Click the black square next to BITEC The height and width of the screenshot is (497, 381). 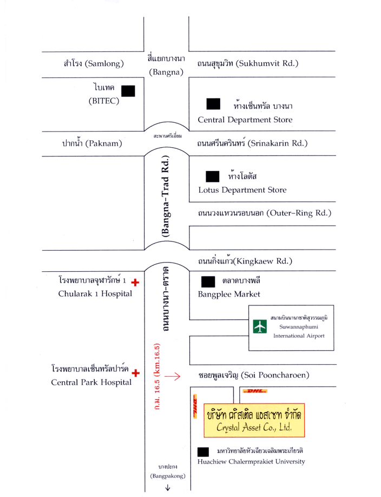coord(128,90)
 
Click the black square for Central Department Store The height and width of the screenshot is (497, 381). coord(213,104)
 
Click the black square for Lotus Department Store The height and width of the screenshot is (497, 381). coord(213,176)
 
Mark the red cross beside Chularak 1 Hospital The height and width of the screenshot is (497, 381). coord(135,282)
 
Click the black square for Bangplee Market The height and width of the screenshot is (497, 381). coord(207,282)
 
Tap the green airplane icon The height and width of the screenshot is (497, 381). coord(260,327)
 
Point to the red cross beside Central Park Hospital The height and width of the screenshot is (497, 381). coord(135,372)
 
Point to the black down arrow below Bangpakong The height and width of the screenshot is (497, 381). coord(168,487)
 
